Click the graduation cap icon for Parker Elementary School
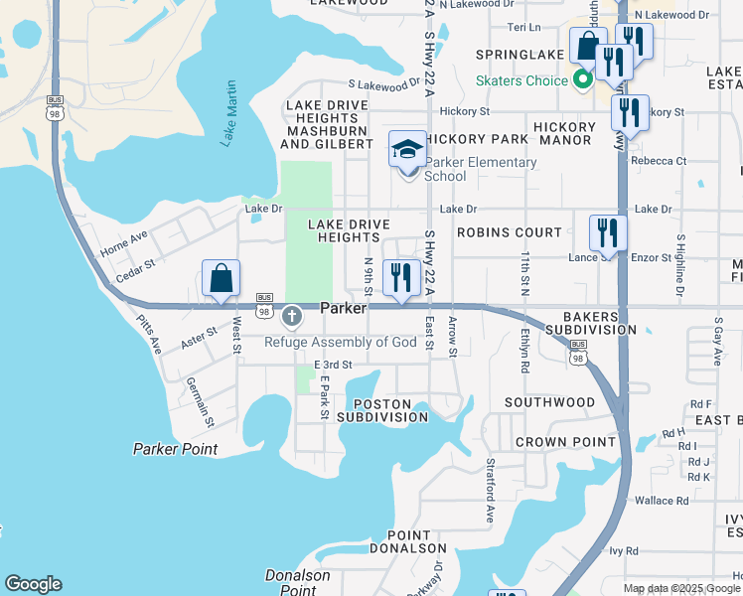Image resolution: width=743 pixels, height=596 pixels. pos(407,150)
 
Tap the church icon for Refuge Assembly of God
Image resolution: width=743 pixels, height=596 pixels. pos(291,317)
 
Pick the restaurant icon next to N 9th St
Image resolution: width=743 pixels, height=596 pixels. pos(401,277)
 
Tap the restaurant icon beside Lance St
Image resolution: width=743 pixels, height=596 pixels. pos(607,233)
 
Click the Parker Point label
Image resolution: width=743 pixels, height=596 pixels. pos(175,449)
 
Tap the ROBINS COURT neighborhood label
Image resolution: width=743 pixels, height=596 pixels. pos(509,231)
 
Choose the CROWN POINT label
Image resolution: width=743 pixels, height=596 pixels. pos(554,442)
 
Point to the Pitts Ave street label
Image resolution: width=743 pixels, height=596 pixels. pos(150,333)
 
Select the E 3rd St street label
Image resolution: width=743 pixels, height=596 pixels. pos(333,366)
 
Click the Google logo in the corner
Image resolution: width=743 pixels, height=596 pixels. pos(33,584)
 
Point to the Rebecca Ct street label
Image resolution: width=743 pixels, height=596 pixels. pos(665,161)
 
